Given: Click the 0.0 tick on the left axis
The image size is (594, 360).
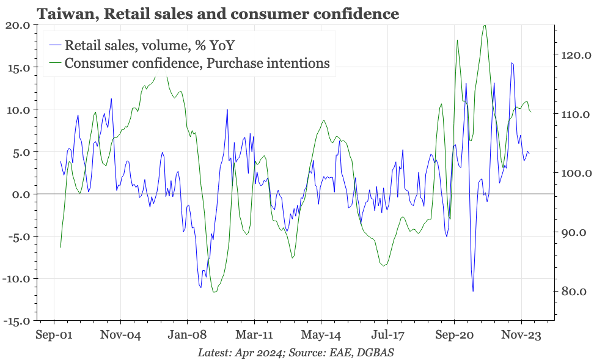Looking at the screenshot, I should point(21,194).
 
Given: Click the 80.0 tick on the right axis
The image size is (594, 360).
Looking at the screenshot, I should point(571,292).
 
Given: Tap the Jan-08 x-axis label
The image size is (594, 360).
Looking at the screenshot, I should point(187,335).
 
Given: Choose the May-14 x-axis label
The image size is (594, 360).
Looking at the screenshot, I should point(321,335).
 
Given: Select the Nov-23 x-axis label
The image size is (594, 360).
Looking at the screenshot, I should point(521,335).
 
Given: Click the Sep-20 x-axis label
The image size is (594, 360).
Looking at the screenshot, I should point(454,335).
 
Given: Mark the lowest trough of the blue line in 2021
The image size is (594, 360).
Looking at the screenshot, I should point(473,291).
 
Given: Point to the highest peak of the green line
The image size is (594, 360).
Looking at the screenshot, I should point(484,25).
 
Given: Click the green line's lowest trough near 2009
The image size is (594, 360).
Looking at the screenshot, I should point(214,292).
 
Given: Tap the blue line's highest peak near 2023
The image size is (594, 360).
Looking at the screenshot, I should point(512,63).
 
